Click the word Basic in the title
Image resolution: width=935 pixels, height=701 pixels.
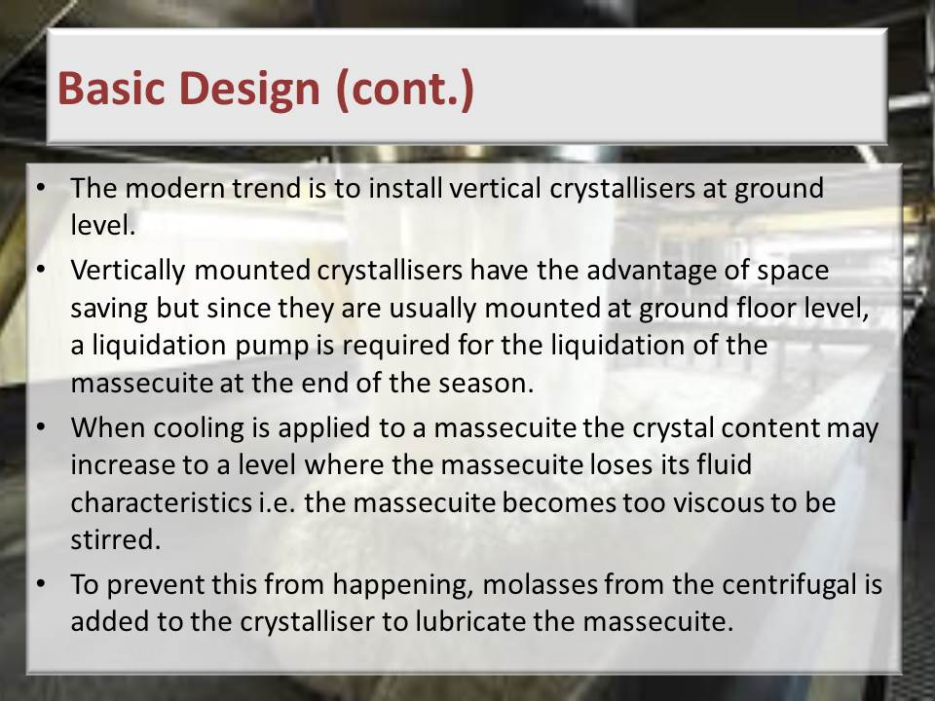coord(111,88)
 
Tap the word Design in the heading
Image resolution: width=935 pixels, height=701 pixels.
coord(250,90)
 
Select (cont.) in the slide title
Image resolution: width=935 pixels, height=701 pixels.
coord(405,90)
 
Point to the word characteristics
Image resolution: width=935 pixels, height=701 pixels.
coord(161,503)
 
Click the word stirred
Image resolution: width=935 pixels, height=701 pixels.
coord(116,540)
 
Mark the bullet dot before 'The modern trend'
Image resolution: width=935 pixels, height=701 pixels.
coord(41,188)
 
